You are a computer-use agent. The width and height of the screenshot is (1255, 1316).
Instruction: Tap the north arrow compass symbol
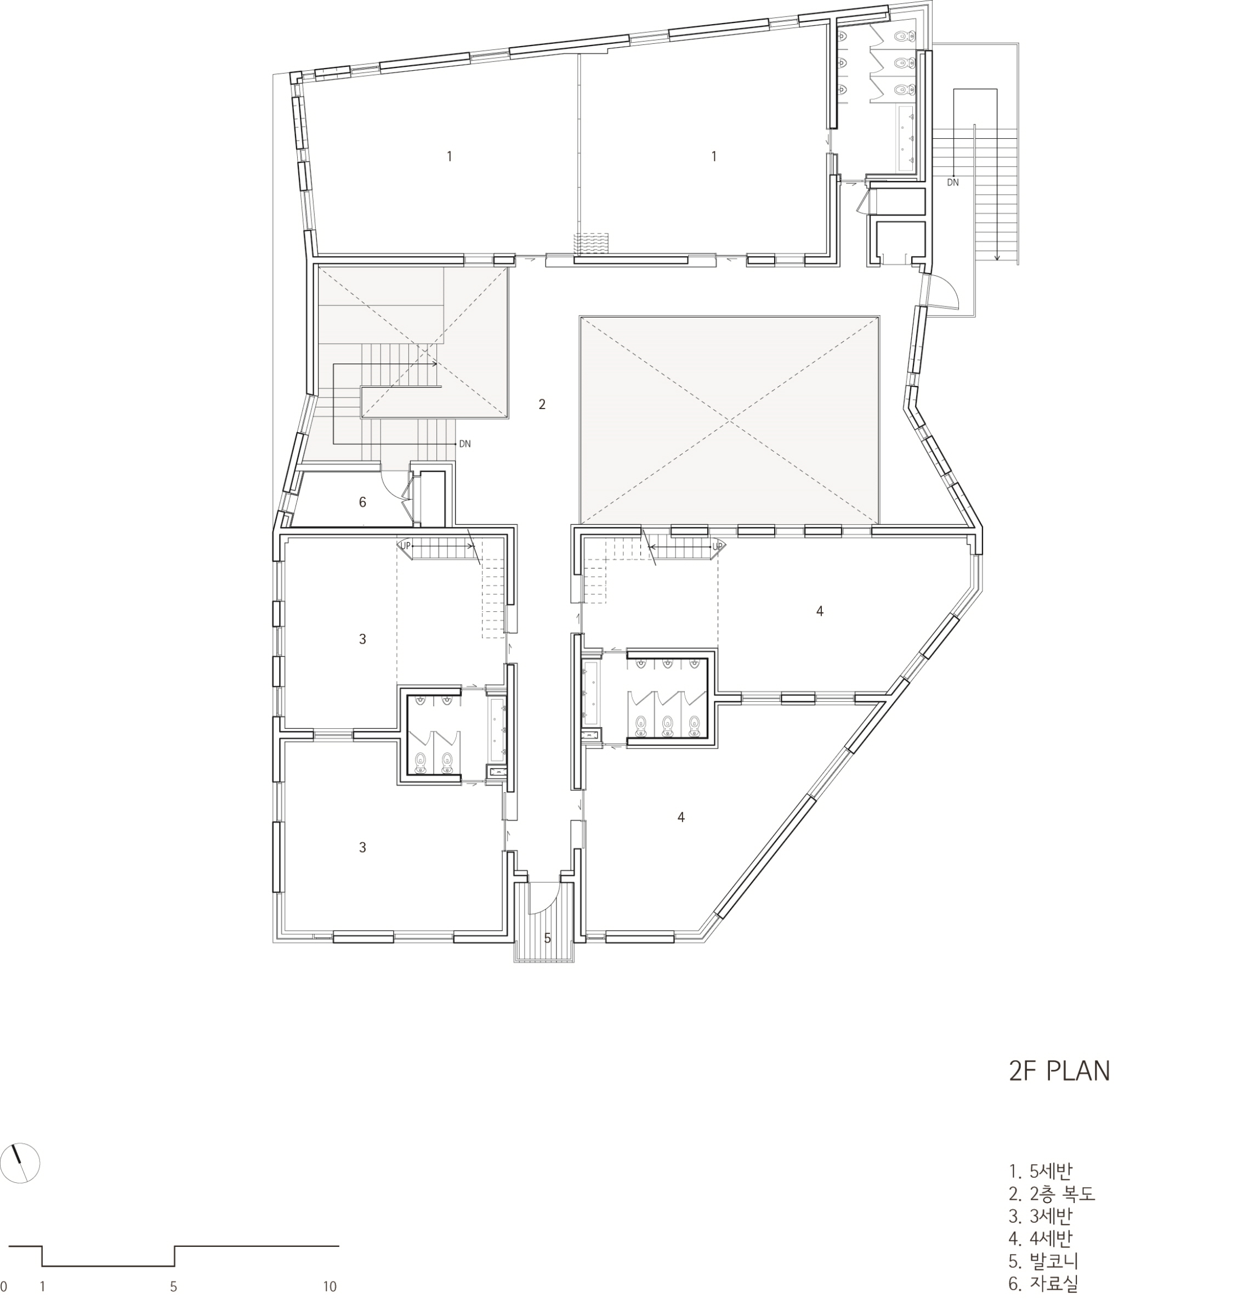click(x=21, y=1164)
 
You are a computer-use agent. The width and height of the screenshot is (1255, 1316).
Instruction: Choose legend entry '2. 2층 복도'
click(x=1052, y=1194)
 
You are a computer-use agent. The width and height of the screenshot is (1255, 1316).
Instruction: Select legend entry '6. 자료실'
click(x=1043, y=1284)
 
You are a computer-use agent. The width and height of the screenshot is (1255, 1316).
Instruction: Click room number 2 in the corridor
click(x=542, y=404)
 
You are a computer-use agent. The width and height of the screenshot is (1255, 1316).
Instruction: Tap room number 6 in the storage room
click(x=362, y=502)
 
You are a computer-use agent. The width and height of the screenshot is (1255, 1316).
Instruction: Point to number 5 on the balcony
click(x=547, y=938)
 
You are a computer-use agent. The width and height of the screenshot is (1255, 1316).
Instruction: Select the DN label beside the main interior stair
click(x=465, y=444)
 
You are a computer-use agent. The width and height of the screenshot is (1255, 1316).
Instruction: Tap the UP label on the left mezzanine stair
click(x=405, y=546)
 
